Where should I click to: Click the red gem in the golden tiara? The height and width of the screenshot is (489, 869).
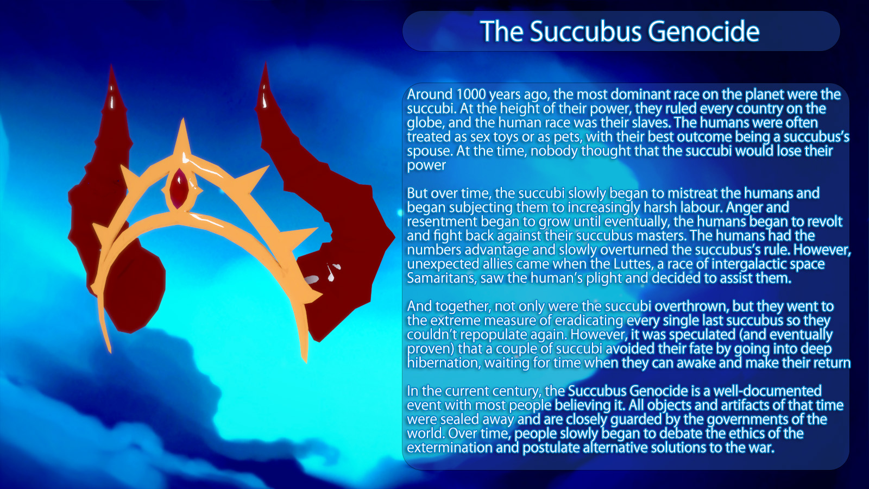click(x=179, y=188)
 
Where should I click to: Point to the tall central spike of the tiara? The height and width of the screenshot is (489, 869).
click(x=182, y=140)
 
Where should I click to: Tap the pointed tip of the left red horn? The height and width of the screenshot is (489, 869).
click(x=111, y=65)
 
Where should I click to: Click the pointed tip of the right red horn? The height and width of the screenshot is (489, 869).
click(x=266, y=63)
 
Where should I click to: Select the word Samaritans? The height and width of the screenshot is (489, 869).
click(x=441, y=278)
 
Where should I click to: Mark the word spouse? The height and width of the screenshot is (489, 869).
click(x=430, y=152)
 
